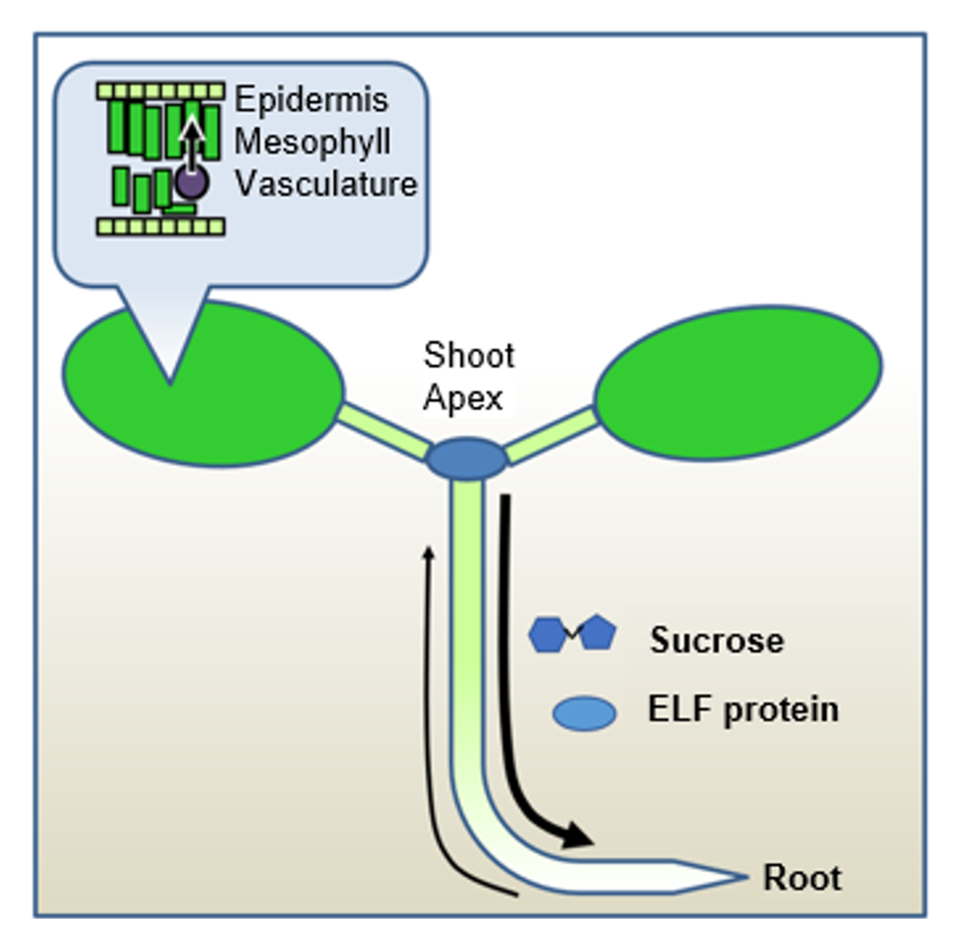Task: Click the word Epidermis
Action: [310, 100]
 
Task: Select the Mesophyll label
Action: [312, 142]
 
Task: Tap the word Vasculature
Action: [326, 184]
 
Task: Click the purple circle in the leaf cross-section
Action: [191, 182]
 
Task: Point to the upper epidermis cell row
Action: [160, 90]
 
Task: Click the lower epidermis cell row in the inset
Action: [160, 227]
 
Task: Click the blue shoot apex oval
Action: [466, 458]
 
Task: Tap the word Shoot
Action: [469, 355]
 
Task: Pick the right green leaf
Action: [737, 378]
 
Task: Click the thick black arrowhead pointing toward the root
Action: [576, 834]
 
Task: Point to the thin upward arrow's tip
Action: [429, 550]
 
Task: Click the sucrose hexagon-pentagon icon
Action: [572, 633]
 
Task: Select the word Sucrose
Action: [716, 641]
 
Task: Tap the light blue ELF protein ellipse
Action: [584, 713]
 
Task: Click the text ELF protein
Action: [742, 709]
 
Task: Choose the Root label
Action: [801, 879]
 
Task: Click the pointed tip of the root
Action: [744, 877]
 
